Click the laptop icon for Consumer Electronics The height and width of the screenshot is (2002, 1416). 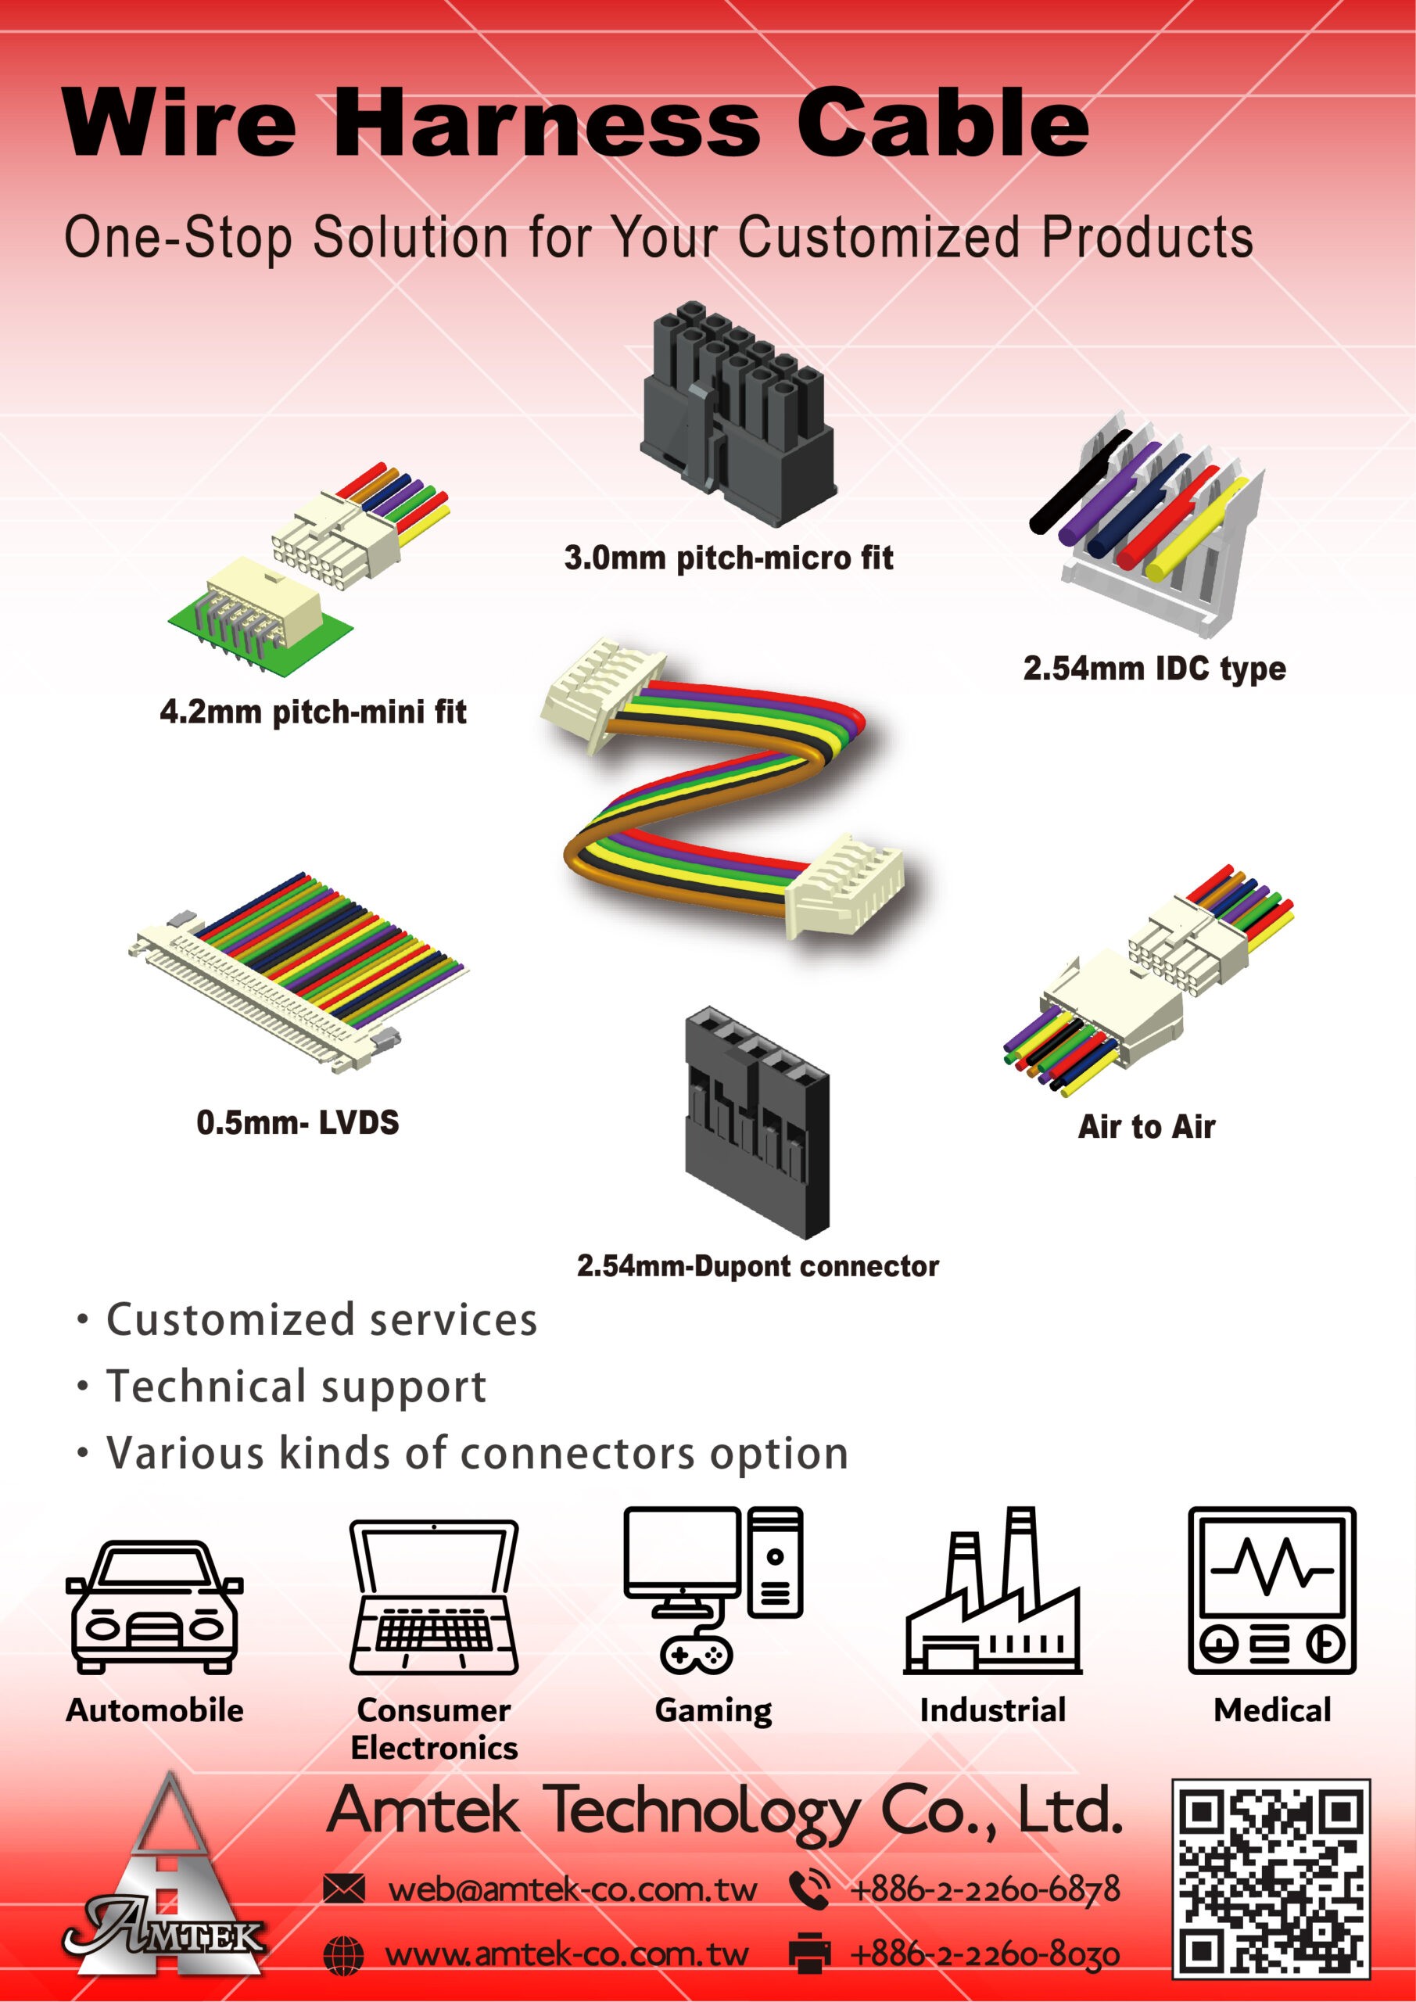click(434, 1598)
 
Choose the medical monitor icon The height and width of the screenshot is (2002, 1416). click(1272, 1590)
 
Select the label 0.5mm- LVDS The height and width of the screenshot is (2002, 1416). click(297, 1122)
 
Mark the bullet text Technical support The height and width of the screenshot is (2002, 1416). click(296, 1386)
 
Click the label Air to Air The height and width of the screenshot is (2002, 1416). click(1145, 1127)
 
